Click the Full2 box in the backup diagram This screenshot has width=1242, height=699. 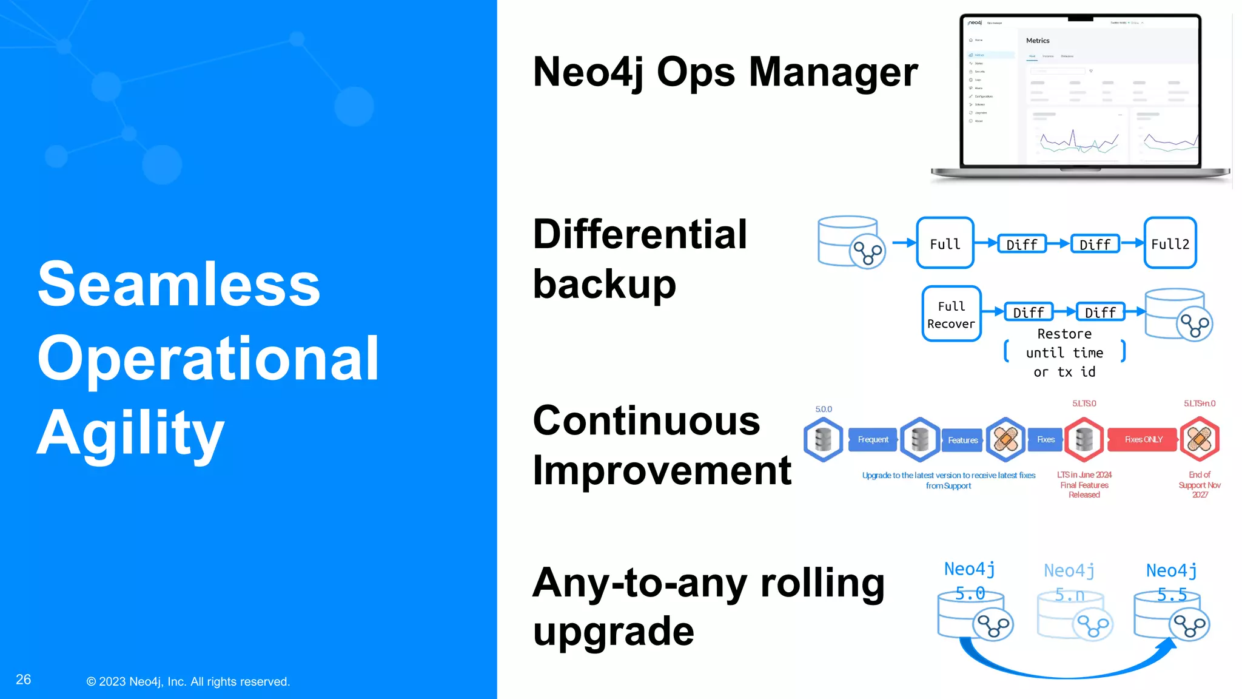coord(1170,243)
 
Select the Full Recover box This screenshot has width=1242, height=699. coord(951,314)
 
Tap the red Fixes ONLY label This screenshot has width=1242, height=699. coord(1143,439)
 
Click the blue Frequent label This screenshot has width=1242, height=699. coord(873,439)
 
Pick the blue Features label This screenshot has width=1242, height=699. coord(962,440)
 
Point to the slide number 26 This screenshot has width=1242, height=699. coord(23,680)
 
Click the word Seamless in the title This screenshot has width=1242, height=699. coord(179,283)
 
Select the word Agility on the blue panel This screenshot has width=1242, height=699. coord(131,433)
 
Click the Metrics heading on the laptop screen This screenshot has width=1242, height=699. coord(1038,41)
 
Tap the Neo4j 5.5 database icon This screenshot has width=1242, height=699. coord(1172,616)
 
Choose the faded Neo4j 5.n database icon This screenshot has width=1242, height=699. coord(1074,616)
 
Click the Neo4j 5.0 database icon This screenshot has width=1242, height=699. coord(974,616)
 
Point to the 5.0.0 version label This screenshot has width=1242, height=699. coord(824,410)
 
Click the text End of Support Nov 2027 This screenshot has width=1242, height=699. coord(1200,485)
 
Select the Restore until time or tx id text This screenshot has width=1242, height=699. coord(1064,353)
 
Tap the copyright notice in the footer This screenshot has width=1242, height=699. coord(188,681)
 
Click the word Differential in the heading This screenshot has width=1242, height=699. coord(640,234)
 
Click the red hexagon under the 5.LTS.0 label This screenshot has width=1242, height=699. coord(1084,439)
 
